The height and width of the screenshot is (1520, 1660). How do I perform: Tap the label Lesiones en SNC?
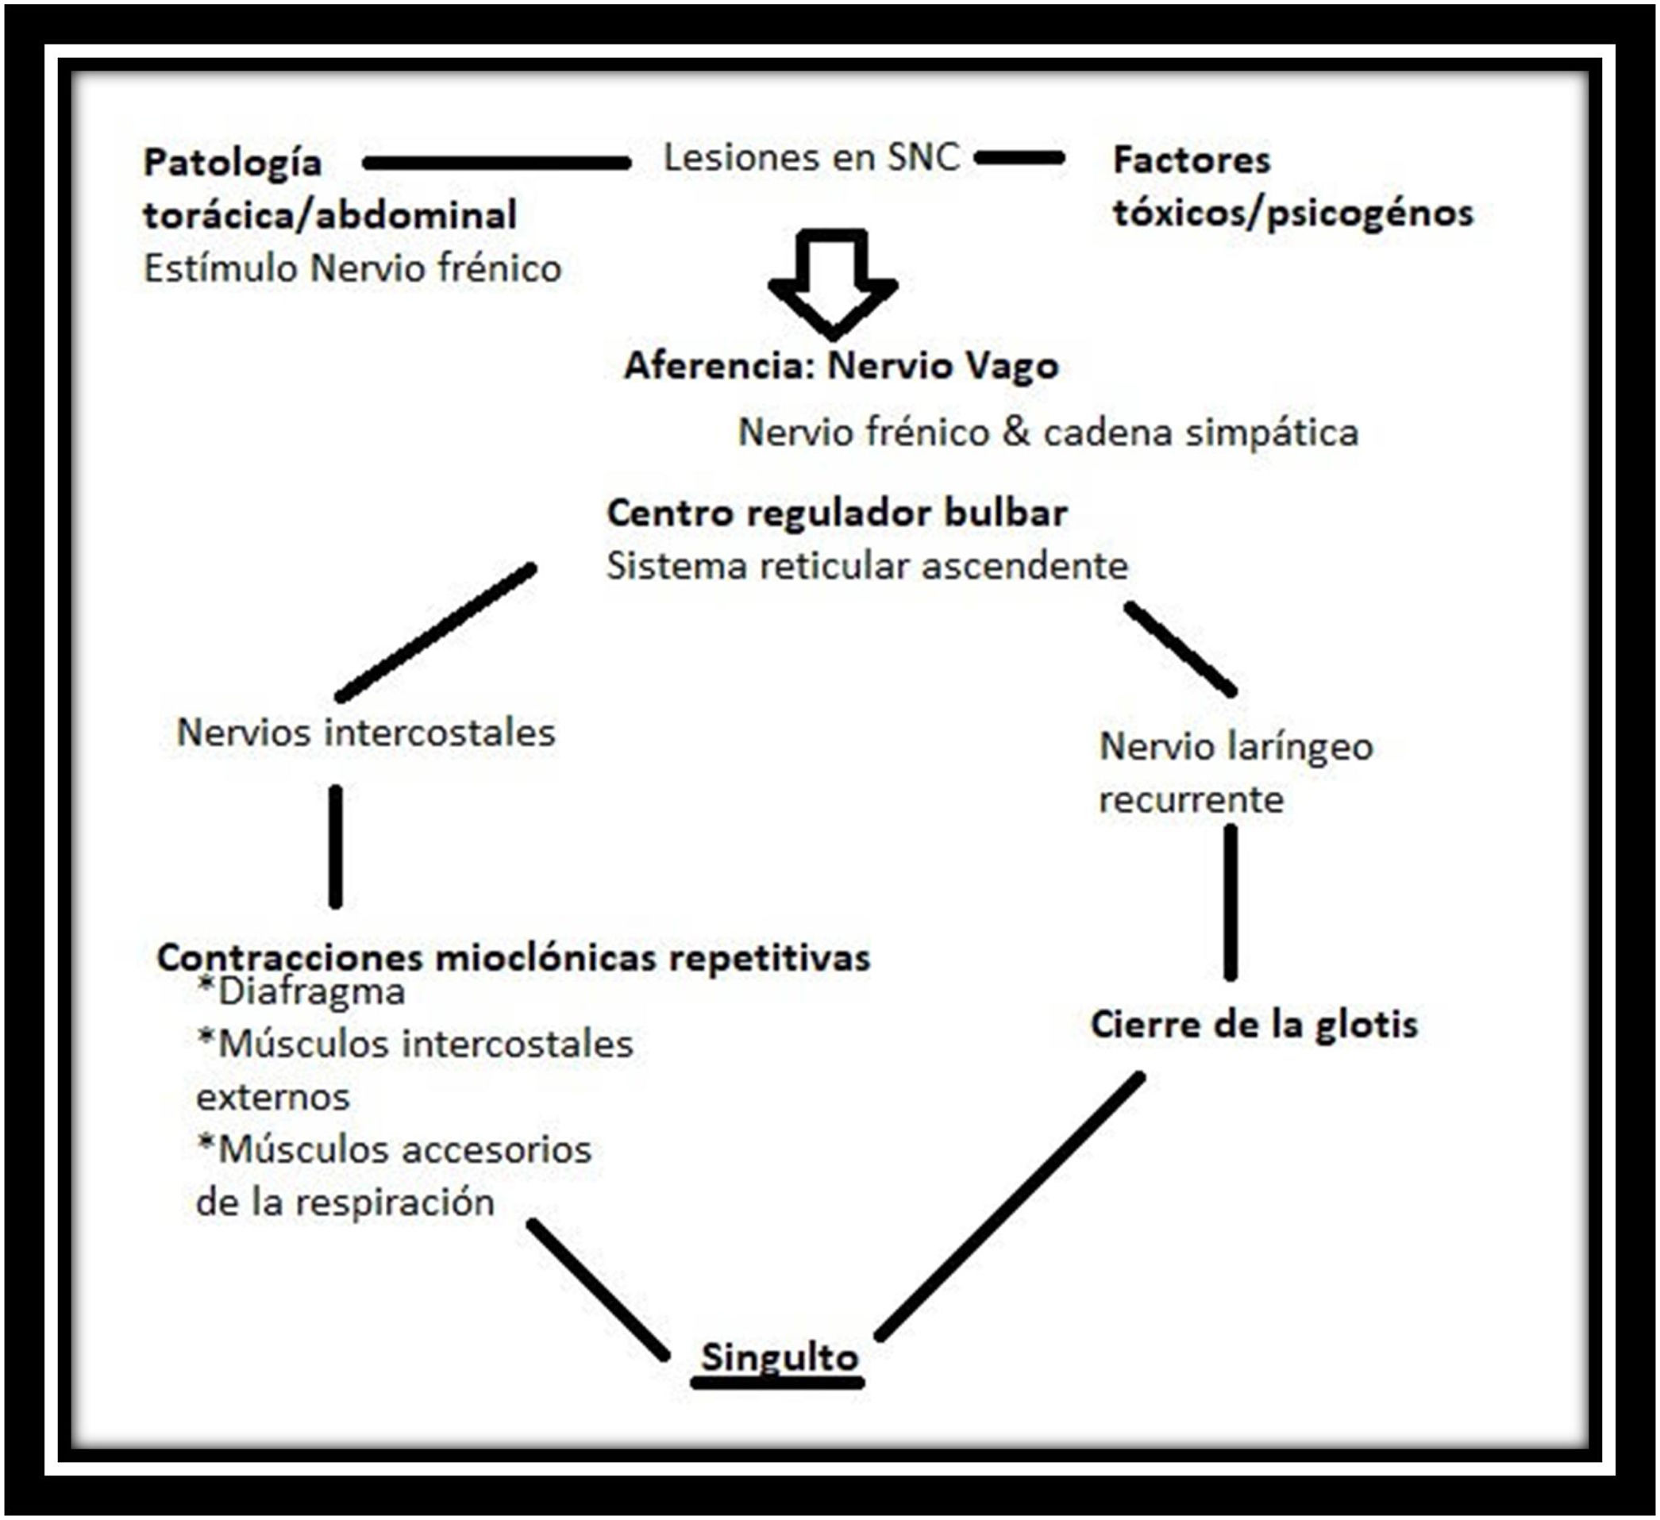coord(811,157)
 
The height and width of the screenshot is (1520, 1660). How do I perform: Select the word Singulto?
coord(779,1357)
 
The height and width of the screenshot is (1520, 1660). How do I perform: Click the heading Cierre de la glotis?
coord(1254,1024)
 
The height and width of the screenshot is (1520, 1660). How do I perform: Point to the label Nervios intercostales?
coord(367,732)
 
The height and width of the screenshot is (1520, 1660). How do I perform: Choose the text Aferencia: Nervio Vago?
coord(841,366)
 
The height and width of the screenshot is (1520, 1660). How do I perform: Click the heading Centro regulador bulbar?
coord(837,512)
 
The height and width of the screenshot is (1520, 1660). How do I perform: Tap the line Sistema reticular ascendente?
coord(867,566)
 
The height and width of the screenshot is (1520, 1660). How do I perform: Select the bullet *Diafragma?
coord(302,991)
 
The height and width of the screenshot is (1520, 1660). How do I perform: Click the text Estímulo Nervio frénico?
coord(352,268)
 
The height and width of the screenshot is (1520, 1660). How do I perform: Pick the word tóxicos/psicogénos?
coord(1292,213)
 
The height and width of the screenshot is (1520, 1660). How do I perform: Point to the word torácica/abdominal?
coord(330,215)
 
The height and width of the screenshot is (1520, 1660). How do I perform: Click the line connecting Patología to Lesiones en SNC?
coord(496,164)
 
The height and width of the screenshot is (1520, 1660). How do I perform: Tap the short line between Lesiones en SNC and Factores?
coord(1019,157)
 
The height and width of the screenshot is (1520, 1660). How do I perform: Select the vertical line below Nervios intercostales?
coord(335,846)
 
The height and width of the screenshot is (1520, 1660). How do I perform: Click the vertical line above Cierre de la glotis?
coord(1231,902)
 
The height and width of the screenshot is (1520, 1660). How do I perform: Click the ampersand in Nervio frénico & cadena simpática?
coord(1015,433)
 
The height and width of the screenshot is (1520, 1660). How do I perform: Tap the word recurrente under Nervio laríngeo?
coord(1191,798)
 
